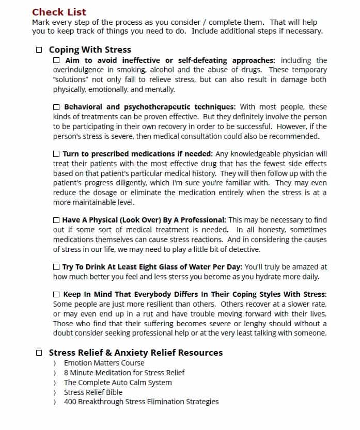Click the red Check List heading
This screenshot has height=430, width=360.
[x=59, y=12]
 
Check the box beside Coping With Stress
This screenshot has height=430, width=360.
[x=39, y=50]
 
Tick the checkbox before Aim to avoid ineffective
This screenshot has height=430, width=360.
[x=56, y=60]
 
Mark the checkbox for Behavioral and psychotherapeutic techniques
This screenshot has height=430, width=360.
[x=56, y=107]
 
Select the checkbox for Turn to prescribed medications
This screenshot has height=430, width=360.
[x=56, y=154]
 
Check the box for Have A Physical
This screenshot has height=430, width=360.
[x=56, y=220]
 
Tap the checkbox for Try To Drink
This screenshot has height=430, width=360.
[x=56, y=267]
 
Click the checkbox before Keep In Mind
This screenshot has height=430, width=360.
[x=56, y=295]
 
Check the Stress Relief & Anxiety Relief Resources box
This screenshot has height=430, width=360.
[x=39, y=353]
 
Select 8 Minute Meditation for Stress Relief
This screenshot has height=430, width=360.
[x=124, y=373]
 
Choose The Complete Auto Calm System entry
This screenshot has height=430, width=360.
[x=118, y=383]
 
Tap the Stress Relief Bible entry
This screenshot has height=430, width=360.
[x=93, y=392]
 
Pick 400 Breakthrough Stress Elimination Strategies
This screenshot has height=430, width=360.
[x=141, y=402]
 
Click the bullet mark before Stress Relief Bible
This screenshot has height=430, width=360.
[x=55, y=392]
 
